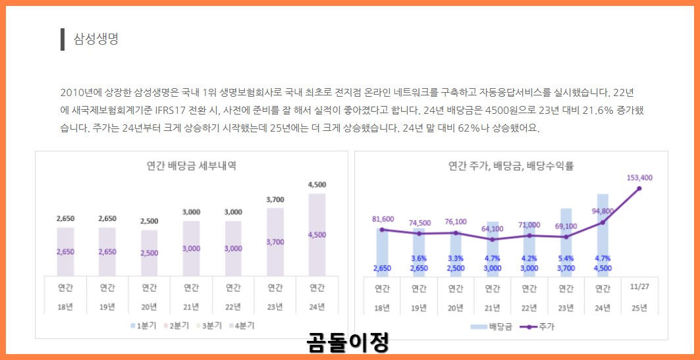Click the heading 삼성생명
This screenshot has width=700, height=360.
point(95,39)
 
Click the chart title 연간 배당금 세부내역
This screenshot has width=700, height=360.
point(192,166)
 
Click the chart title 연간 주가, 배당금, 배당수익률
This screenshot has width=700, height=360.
point(511,166)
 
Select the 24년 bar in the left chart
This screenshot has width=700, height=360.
point(317,234)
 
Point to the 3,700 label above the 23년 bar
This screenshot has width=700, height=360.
point(275,199)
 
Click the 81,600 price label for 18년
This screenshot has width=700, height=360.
point(383,219)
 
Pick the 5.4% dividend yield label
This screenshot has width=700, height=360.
point(566,259)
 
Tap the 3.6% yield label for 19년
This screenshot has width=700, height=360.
point(419,259)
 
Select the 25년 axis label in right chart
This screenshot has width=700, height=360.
point(639,307)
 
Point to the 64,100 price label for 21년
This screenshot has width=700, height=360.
point(492,229)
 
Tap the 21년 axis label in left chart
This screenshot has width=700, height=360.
point(191,307)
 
